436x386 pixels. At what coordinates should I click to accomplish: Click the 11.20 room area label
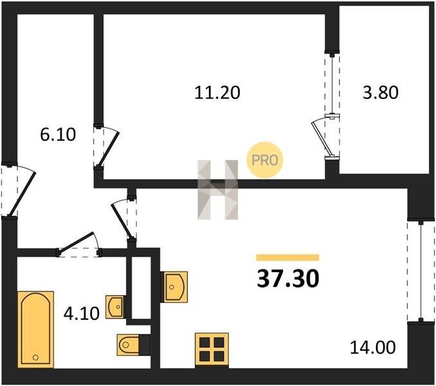pyautogui.click(x=217, y=93)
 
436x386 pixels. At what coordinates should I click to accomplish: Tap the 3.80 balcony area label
pyautogui.click(x=381, y=93)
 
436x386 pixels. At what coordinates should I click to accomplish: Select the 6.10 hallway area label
pyautogui.click(x=58, y=134)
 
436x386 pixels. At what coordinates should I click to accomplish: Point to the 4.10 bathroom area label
pyautogui.click(x=82, y=313)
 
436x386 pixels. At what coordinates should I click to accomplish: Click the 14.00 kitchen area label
pyautogui.click(x=372, y=347)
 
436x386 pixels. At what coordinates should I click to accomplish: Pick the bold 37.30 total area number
pyautogui.click(x=288, y=279)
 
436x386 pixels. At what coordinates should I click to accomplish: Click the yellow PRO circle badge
pyautogui.click(x=265, y=160)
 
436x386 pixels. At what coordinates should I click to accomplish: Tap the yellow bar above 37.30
pyautogui.click(x=287, y=257)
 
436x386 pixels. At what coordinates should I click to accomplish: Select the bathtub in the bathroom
pyautogui.click(x=35, y=329)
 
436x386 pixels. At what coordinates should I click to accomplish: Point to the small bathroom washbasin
pyautogui.click(x=115, y=307)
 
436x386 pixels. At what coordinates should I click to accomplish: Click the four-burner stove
pyautogui.click(x=212, y=349)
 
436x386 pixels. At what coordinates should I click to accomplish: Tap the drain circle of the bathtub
pyautogui.click(x=35, y=357)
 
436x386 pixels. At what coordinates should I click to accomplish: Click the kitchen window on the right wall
pyautogui.click(x=421, y=271)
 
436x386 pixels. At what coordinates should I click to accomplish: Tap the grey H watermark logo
pyautogui.click(x=218, y=190)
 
